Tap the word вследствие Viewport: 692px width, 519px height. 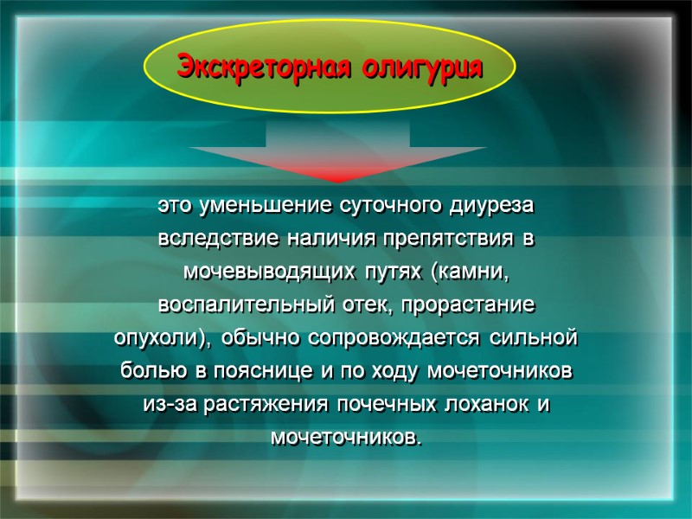pos(205,240)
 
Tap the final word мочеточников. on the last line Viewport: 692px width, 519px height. pos(347,437)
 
